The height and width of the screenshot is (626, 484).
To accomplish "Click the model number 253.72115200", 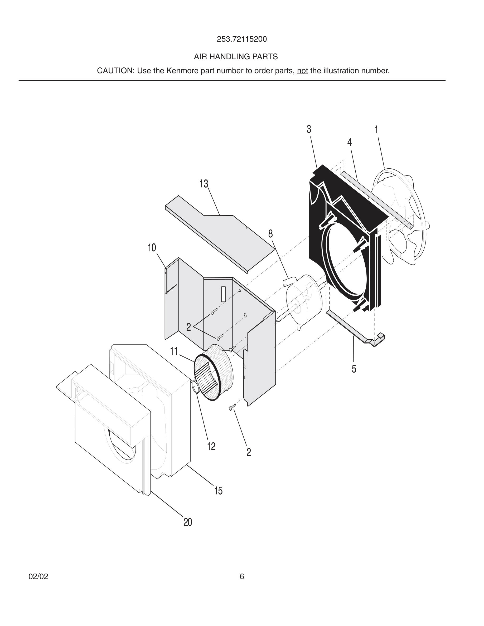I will [x=242, y=39].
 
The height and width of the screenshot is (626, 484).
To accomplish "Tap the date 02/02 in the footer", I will [x=38, y=576].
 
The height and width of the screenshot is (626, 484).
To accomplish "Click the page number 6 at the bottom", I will [x=242, y=576].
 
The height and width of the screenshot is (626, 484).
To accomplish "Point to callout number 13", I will [x=204, y=184].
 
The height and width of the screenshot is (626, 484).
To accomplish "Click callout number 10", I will [x=152, y=248].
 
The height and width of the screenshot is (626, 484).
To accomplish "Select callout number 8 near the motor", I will [x=270, y=234].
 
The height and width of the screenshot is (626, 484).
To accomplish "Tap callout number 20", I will [x=187, y=522].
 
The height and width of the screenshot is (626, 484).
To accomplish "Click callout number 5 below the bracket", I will [x=354, y=369].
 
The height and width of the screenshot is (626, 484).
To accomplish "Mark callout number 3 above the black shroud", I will [x=309, y=129].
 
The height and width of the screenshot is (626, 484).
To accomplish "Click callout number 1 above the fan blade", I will [x=376, y=130].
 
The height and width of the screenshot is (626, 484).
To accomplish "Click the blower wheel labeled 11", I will [x=214, y=373].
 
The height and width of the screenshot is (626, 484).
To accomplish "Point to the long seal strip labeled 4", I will [x=376, y=198].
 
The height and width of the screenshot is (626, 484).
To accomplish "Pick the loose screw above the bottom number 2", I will [x=232, y=407].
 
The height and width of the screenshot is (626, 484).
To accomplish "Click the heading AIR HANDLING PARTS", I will [x=236, y=57].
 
